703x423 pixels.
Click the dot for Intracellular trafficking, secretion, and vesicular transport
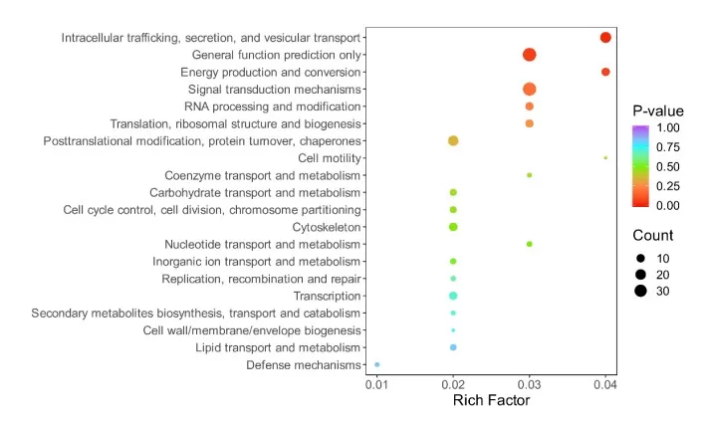[x=605, y=38]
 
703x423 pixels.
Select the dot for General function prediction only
[x=530, y=55]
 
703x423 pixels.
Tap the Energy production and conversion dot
[x=605, y=72]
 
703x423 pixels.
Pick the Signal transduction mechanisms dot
[x=530, y=90]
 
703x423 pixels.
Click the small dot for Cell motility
[x=605, y=157]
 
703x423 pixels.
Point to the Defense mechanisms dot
[x=377, y=365]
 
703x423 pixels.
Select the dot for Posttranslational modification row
[x=453, y=141]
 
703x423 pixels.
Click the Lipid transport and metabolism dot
[x=453, y=347]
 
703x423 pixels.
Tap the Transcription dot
[x=453, y=296]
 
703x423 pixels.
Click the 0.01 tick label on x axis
[x=377, y=384]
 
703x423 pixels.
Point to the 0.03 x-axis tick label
[x=530, y=384]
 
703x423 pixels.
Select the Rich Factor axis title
[x=491, y=401]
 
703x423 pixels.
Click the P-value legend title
[x=657, y=110]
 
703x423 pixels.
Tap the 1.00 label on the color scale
[x=668, y=128]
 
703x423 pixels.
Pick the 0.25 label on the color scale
[x=668, y=186]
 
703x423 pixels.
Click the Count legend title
[x=653, y=236]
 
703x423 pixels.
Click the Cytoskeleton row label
[x=327, y=227]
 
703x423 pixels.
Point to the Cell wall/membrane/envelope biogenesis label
[x=252, y=330]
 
